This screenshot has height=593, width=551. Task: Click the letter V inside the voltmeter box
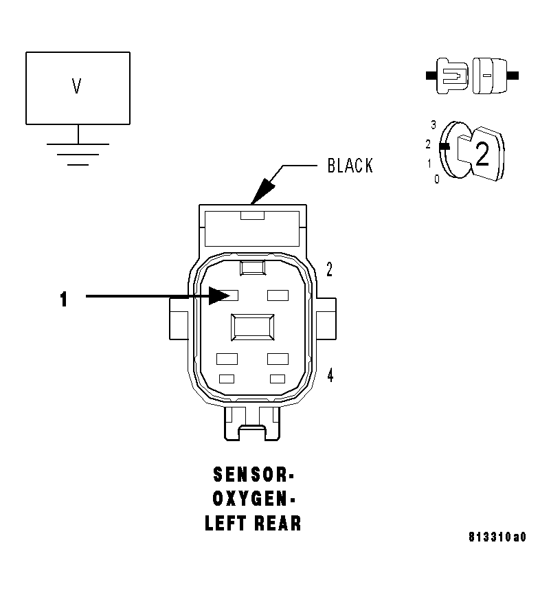click(77, 87)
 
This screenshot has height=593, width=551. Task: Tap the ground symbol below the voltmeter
click(78, 153)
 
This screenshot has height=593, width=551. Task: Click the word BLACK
click(350, 166)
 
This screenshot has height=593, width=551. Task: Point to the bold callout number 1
click(63, 299)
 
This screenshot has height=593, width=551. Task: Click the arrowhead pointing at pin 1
click(221, 295)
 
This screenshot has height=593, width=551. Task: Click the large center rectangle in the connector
click(253, 326)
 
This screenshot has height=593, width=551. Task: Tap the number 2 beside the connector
click(329, 270)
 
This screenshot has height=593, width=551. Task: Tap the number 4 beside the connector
click(330, 377)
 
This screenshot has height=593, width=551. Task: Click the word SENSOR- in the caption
click(254, 475)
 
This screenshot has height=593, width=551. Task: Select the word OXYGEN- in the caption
click(253, 499)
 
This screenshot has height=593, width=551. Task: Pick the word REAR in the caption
click(278, 523)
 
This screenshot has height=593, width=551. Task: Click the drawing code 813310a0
click(497, 537)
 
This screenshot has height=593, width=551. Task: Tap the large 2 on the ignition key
click(482, 156)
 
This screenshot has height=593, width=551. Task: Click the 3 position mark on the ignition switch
click(434, 125)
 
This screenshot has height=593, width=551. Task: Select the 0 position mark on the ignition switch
click(436, 179)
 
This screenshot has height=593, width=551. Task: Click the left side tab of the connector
click(179, 319)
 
